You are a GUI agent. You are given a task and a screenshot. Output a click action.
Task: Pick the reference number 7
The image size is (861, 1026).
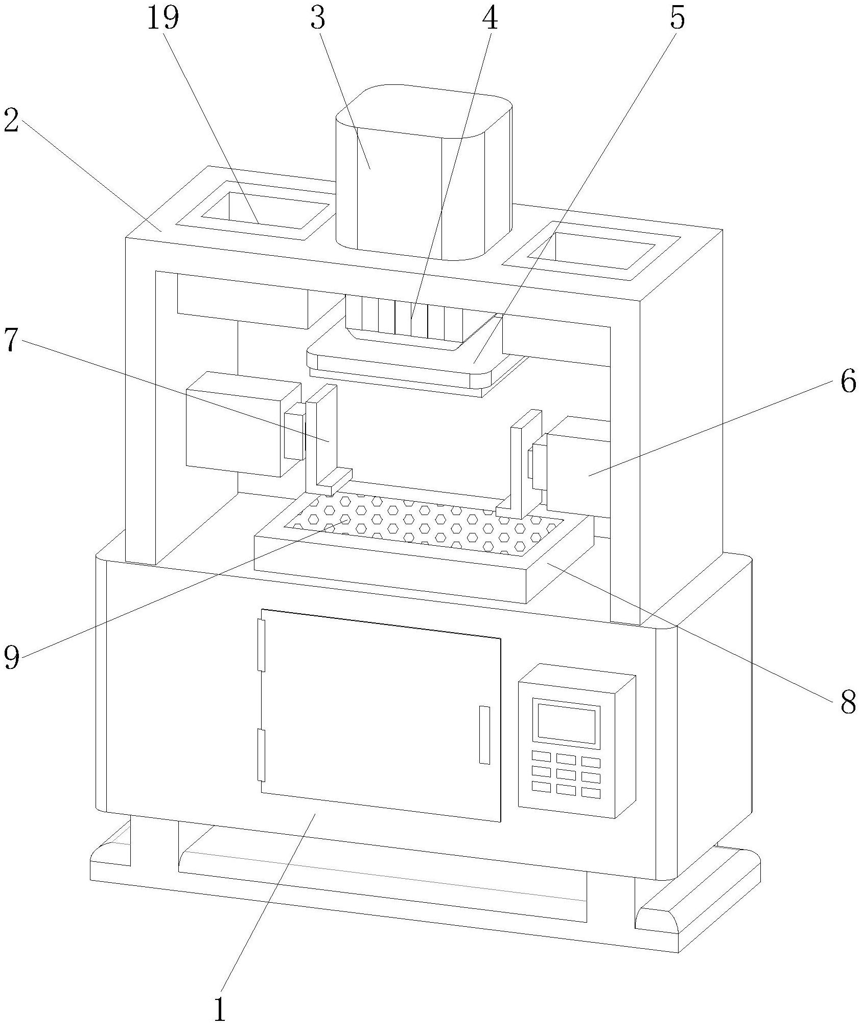(x=11, y=340)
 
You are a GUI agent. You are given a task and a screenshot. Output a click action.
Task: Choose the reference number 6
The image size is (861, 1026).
(x=848, y=382)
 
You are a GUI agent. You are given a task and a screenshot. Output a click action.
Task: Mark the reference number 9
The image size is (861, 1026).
(x=12, y=656)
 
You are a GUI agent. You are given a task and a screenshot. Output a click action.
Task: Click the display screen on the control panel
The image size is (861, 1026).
(x=566, y=725)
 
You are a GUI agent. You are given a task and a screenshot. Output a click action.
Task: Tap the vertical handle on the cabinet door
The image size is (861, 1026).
(x=484, y=734)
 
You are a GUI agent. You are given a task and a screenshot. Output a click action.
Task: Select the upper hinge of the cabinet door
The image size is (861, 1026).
(x=262, y=644)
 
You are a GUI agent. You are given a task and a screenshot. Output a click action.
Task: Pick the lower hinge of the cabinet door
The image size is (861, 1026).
(x=261, y=755)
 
